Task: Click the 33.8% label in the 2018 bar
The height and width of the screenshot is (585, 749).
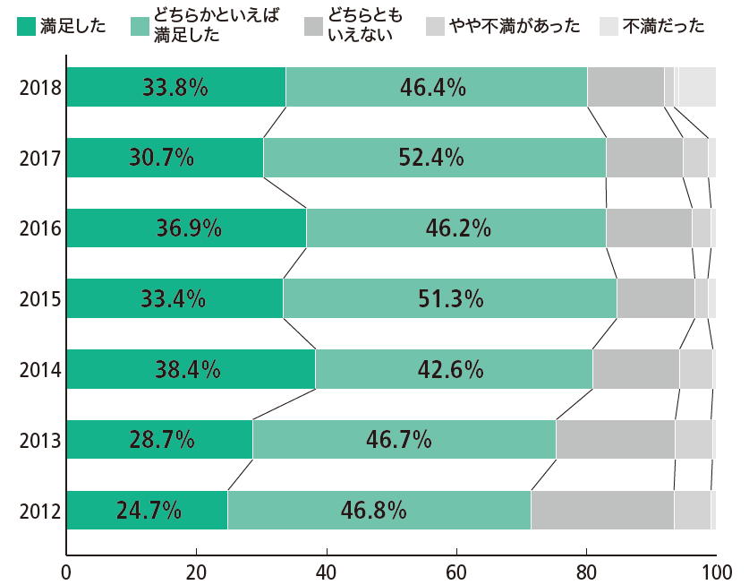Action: (x=175, y=88)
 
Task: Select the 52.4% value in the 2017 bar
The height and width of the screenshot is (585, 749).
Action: (x=430, y=158)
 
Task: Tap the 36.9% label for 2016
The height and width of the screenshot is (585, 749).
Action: (x=189, y=228)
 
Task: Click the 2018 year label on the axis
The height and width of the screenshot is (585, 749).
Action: (x=39, y=88)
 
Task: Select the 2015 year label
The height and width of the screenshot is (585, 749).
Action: (x=39, y=298)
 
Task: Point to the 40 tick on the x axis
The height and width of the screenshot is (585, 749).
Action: (x=327, y=572)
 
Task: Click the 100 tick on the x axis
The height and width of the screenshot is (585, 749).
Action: (x=715, y=572)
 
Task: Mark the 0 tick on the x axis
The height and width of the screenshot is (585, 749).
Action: (x=66, y=572)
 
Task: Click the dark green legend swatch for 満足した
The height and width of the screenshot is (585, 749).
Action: (x=26, y=26)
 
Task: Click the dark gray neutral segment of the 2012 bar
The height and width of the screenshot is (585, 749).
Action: (x=601, y=511)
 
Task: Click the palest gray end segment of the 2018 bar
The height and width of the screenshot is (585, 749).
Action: (x=698, y=88)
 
